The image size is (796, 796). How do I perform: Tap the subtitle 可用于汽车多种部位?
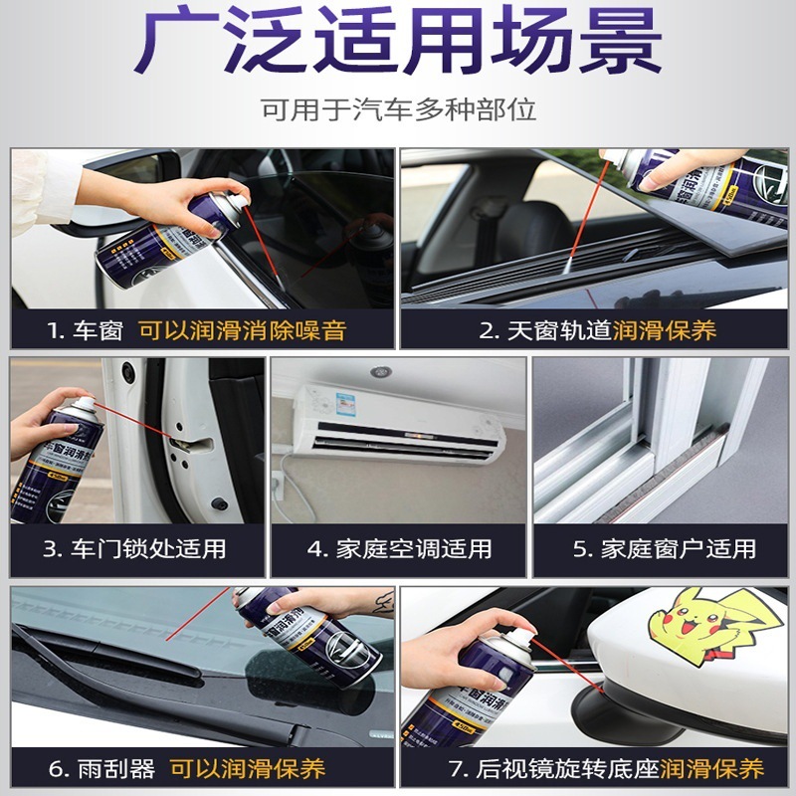click(398, 108)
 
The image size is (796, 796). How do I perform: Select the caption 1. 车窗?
click(84, 330)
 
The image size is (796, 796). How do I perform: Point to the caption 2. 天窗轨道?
click(544, 330)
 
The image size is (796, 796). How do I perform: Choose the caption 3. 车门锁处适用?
click(134, 548)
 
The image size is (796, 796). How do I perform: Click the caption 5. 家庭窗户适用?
click(664, 548)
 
